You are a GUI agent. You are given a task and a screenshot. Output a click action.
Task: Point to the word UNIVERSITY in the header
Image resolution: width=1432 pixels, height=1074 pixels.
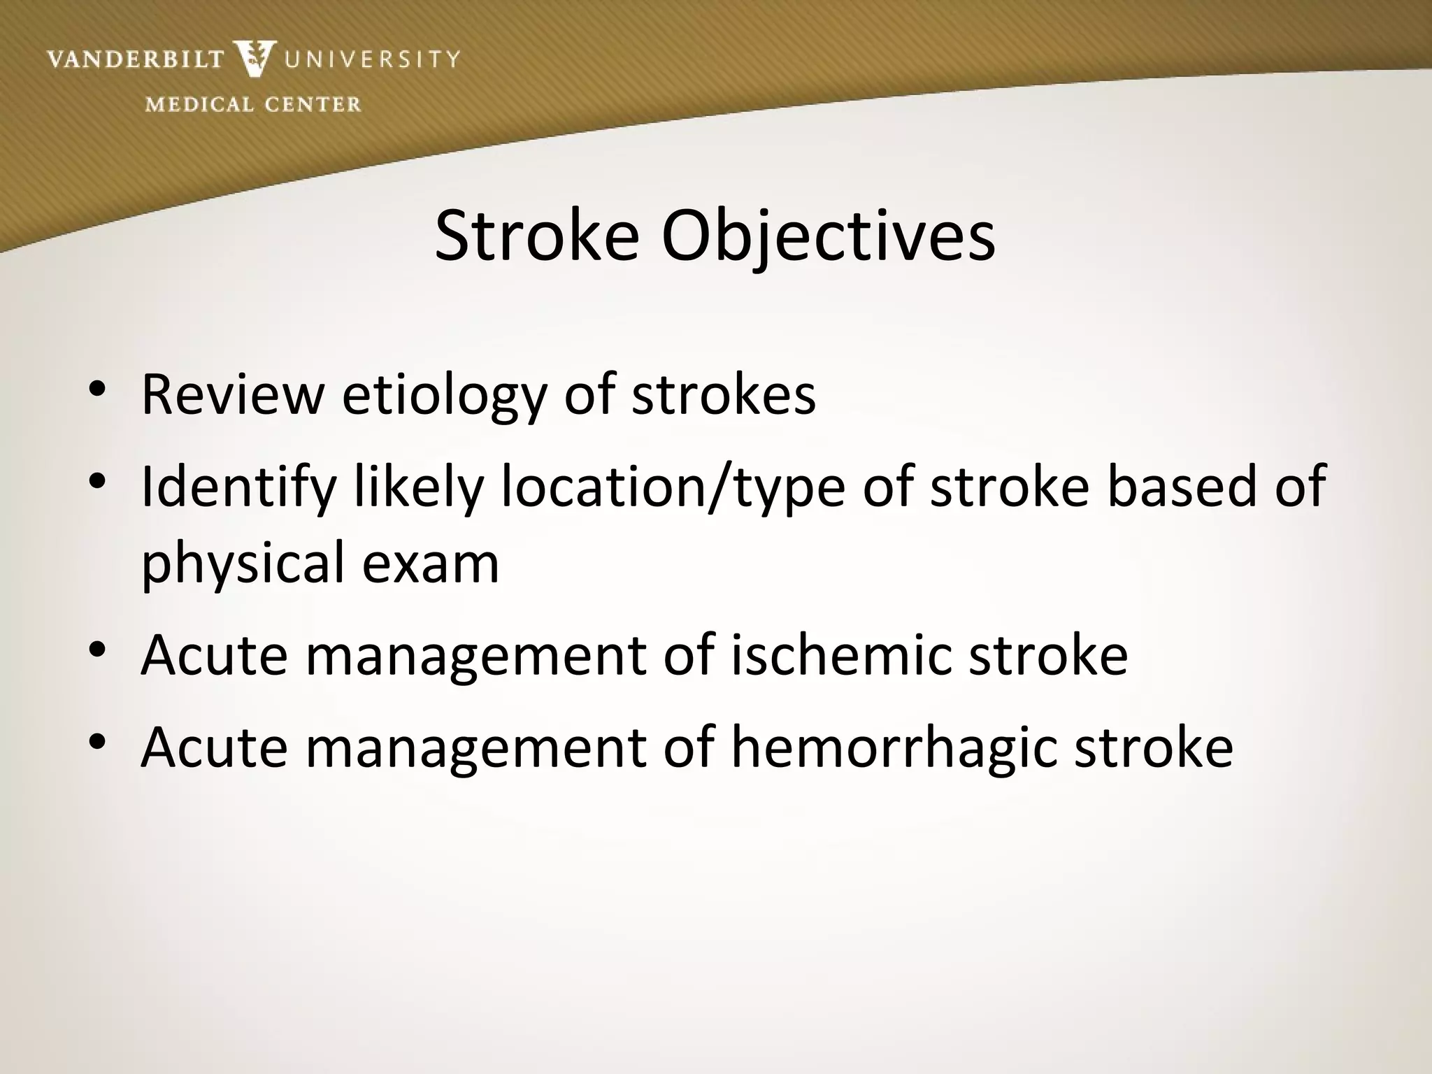tap(371, 59)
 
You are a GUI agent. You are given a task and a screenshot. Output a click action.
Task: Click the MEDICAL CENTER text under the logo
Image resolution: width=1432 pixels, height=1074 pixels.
tap(253, 105)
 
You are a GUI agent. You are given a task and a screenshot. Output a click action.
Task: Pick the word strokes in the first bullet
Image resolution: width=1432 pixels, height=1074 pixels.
tap(724, 394)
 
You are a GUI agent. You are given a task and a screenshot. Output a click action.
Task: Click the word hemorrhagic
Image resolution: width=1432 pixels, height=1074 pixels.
tap(894, 747)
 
